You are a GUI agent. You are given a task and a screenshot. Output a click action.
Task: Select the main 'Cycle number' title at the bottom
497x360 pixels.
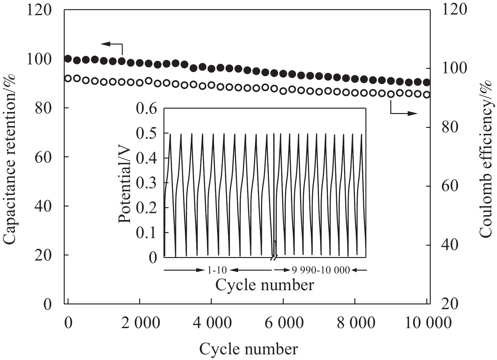248,349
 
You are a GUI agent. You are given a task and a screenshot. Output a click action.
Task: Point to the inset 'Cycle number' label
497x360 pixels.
265,285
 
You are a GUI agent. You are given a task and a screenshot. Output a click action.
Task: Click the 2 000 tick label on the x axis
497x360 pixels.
139,323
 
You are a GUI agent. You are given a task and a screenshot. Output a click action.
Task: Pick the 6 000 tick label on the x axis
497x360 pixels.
283,323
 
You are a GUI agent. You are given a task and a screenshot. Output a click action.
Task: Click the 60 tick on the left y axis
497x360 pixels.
43,157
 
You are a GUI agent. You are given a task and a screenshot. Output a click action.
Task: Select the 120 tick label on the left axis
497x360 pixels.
39,10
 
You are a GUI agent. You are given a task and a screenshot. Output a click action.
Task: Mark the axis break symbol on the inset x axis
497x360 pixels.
274,258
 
